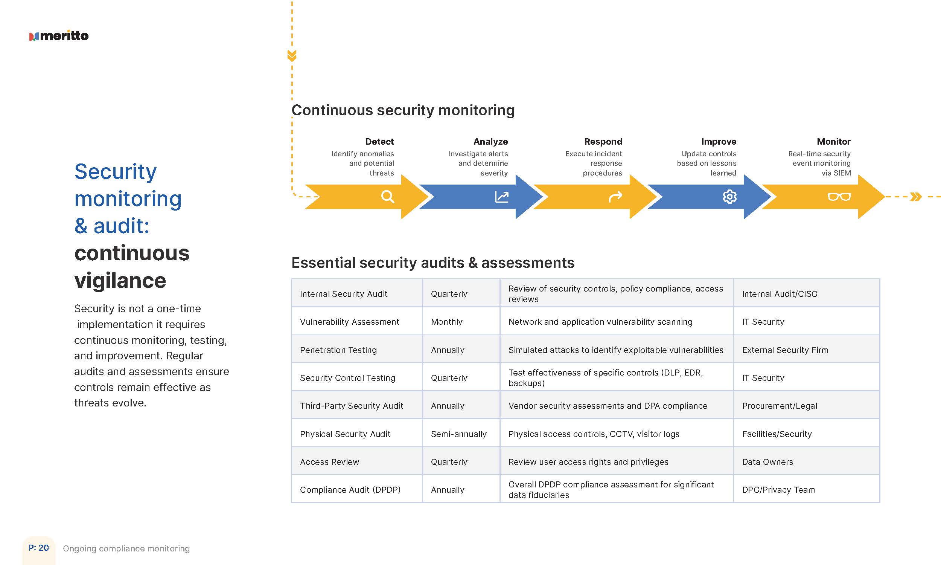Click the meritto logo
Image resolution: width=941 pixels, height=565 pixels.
pos(59,36)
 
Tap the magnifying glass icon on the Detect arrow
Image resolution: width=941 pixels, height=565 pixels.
pos(387,197)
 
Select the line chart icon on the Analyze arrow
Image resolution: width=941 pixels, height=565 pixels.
pos(502,197)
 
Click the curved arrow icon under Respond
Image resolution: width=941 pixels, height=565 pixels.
pos(615,197)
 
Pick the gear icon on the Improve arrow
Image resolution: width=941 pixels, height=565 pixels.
pos(729,197)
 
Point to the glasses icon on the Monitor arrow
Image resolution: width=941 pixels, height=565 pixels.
pos(839,197)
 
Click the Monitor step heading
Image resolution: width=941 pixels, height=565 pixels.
pos(833,142)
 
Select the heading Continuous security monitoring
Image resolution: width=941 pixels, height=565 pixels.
pos(403,110)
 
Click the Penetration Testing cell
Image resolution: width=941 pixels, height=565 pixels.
pos(338,350)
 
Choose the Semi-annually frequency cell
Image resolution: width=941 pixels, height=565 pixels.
pos(458,434)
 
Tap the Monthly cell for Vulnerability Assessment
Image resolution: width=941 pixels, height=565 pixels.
pos(446,322)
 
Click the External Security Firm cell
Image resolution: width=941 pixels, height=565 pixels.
pos(785,350)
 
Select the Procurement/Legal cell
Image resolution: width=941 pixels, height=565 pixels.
pos(780,406)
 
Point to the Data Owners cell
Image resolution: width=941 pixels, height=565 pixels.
pos(767,462)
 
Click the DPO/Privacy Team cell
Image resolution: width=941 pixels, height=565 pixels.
pos(778,490)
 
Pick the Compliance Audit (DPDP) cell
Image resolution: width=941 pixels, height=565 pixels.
pos(350,490)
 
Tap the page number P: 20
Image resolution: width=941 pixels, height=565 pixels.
pos(39,548)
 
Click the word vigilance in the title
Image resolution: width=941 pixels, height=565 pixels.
pos(120,281)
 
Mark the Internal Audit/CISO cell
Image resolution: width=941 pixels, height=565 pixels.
pos(780,294)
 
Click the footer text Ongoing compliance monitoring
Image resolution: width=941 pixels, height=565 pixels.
pos(126,549)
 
